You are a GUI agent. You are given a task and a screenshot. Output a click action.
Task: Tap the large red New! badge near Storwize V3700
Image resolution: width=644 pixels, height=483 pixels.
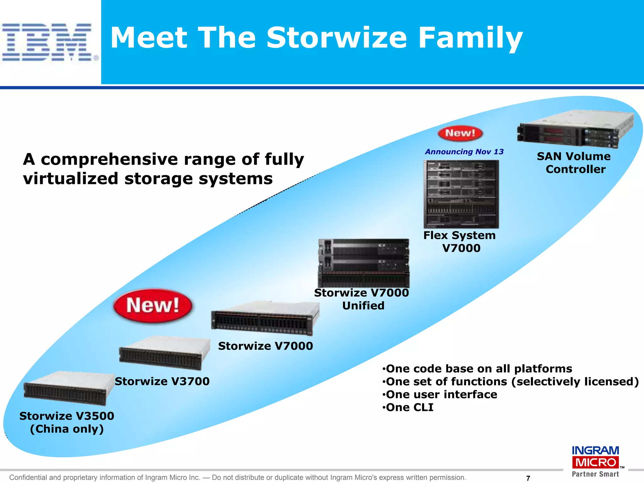tap(153, 306)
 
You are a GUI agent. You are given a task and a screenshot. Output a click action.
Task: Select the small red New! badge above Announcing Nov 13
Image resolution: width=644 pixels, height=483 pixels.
tap(460, 133)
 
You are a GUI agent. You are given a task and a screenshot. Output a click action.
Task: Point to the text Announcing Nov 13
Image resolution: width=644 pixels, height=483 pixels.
tap(464, 152)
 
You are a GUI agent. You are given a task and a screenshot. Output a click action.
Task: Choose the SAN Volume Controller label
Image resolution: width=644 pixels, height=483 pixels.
tap(574, 163)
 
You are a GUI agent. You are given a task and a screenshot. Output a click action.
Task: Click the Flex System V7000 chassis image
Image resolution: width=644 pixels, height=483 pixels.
tap(461, 194)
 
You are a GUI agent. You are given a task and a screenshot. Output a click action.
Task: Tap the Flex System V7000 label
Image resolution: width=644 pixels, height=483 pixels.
tap(460, 241)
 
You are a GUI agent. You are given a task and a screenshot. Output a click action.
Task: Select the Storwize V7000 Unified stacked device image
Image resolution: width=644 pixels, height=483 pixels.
tap(364, 263)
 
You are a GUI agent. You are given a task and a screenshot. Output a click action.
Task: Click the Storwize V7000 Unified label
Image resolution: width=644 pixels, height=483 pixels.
tap(362, 299)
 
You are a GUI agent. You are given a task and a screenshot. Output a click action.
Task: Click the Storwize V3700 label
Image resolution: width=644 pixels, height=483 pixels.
tap(162, 381)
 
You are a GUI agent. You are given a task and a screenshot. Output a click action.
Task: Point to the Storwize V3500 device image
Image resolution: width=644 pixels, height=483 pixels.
tap(69, 389)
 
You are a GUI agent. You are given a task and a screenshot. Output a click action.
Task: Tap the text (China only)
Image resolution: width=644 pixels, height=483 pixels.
tap(67, 429)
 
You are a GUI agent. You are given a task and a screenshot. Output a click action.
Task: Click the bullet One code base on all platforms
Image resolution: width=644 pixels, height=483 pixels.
tap(478, 369)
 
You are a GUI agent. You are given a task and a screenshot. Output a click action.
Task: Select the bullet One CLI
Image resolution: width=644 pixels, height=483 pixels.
tap(409, 408)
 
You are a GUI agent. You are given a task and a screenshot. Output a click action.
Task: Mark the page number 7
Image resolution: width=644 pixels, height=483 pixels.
tap(528, 478)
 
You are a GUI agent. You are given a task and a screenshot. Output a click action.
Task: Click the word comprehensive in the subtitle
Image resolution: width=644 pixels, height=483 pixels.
tap(109, 159)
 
